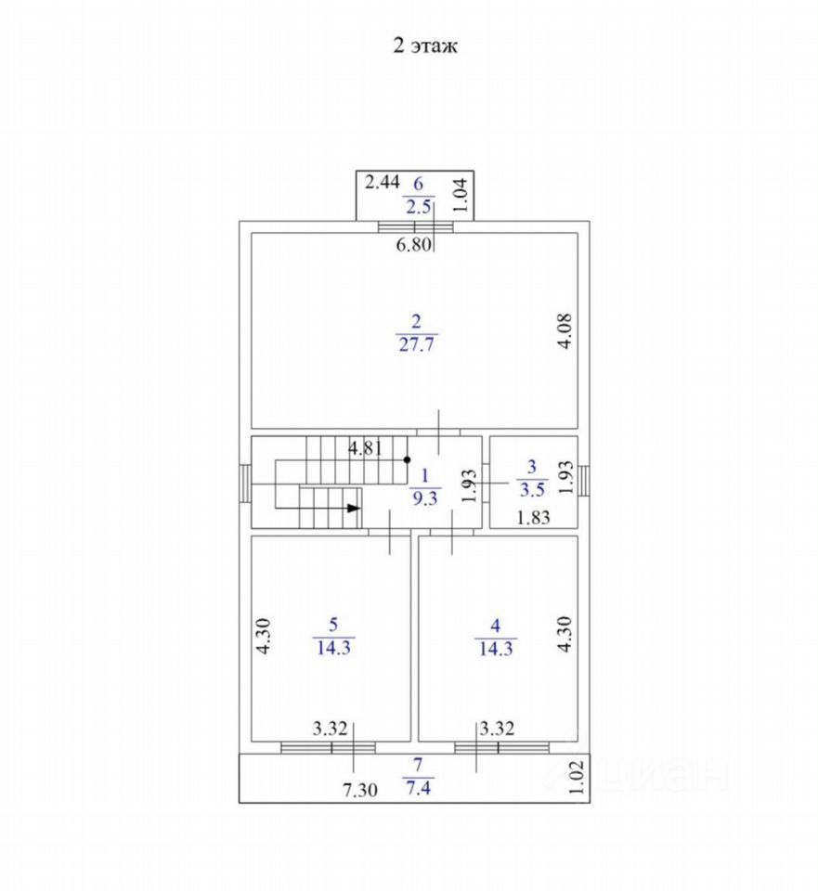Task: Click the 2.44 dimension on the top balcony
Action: pos(382,182)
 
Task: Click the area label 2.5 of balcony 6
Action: pos(418,206)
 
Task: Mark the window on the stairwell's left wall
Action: pos(244,481)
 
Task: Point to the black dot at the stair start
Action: pos(407,459)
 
